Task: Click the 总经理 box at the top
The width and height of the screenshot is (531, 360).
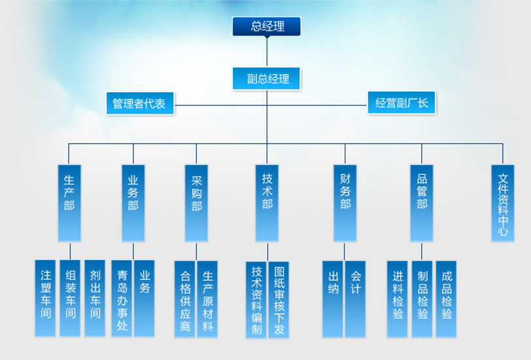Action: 267,26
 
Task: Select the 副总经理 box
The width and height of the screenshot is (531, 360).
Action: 267,79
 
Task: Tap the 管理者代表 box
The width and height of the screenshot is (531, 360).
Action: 140,103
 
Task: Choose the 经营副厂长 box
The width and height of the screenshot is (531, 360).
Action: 401,103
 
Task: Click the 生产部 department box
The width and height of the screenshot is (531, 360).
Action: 69,203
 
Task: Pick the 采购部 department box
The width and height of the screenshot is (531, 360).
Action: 196,203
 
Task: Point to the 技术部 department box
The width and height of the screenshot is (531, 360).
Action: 267,203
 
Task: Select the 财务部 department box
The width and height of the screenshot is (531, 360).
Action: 345,203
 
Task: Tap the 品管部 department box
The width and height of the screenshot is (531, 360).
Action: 422,203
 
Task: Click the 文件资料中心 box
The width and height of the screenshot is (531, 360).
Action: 503,203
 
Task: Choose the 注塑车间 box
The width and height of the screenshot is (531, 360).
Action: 46,298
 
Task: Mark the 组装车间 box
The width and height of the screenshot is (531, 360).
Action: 70,298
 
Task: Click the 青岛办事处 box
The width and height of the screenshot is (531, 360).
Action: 122,298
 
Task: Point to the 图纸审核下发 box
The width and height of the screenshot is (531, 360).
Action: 279,300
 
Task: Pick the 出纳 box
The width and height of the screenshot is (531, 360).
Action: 333,298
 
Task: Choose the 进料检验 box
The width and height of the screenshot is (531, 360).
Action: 398,298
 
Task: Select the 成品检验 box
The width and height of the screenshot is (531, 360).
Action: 447,298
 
